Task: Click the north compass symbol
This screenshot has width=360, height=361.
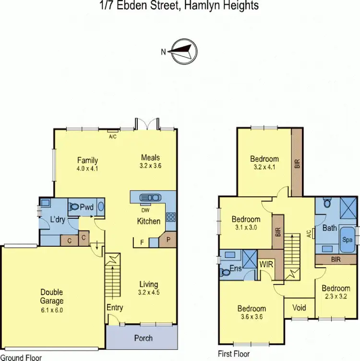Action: pos(184,51)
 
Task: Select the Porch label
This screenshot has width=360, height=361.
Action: pos(143,338)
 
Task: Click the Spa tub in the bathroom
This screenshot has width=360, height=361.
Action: pos(347,238)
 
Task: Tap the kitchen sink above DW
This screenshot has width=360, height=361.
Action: pos(151,197)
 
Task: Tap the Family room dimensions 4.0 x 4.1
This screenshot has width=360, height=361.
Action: pos(87,168)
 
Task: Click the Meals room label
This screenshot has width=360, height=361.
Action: pos(150,157)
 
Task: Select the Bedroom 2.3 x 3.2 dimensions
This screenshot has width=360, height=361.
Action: pos(336,296)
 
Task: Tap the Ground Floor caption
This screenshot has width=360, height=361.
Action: pos(21,357)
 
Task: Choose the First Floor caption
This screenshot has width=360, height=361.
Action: pos(233,354)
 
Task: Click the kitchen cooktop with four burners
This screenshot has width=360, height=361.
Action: pos(171,217)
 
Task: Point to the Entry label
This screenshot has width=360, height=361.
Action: pos(115,307)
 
